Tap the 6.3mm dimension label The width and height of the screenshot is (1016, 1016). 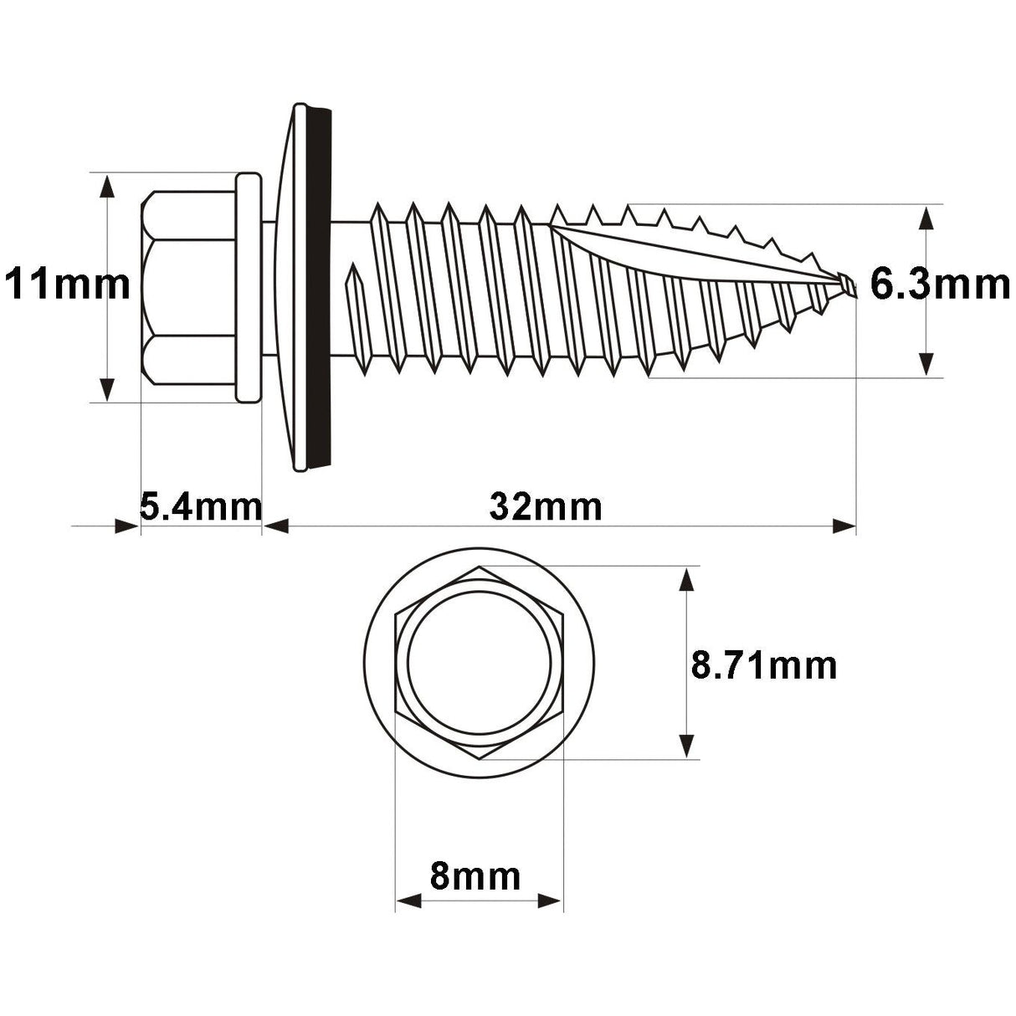(x=940, y=285)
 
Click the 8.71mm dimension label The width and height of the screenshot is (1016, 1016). (x=763, y=665)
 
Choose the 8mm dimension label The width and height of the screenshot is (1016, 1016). (x=475, y=876)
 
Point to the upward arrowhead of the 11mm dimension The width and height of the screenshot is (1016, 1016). (x=106, y=186)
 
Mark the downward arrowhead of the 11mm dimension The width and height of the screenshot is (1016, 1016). (x=106, y=389)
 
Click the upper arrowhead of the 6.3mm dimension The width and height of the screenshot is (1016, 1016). (x=926, y=217)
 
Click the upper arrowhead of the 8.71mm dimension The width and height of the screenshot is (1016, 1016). (x=687, y=579)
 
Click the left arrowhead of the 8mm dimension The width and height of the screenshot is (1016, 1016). (x=408, y=901)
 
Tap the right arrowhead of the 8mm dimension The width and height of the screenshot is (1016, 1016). (x=550, y=901)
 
